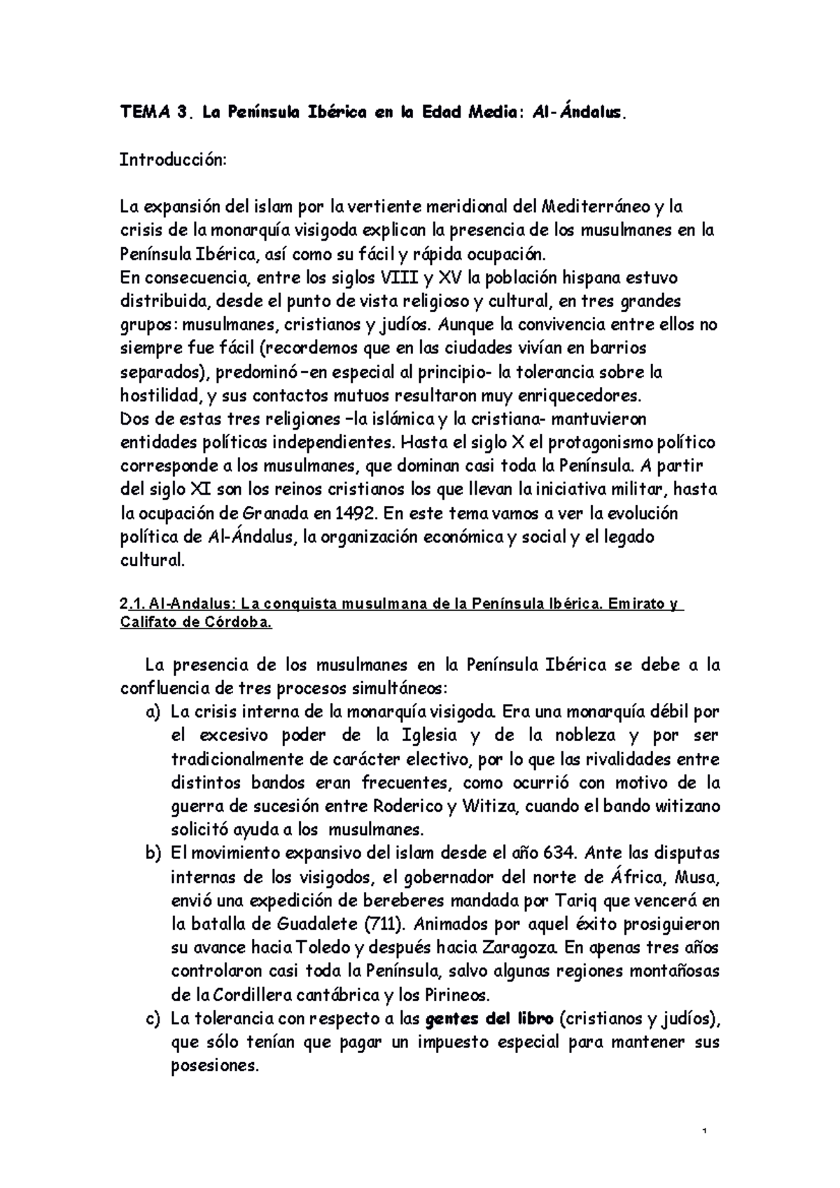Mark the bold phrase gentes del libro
[x=490, y=1019]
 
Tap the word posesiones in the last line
[x=214, y=1066]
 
